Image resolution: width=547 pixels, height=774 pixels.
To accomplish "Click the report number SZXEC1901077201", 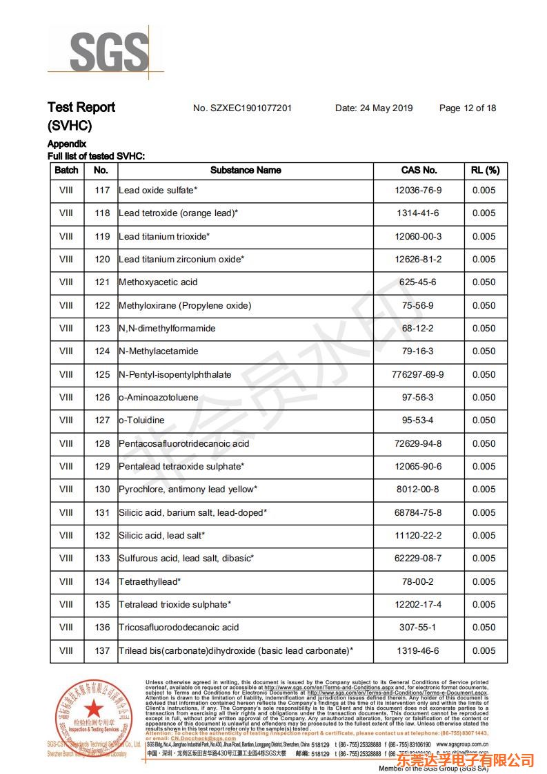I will [242, 108].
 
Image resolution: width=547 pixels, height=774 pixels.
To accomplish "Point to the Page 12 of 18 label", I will [467, 108].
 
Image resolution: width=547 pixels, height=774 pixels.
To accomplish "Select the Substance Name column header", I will [246, 170].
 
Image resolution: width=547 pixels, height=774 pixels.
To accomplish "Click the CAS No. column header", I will [419, 170].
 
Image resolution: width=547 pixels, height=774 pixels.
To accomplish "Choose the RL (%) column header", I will [485, 170].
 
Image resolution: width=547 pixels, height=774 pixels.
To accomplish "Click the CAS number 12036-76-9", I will [418, 191].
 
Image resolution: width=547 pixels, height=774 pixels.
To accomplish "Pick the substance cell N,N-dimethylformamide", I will [167, 328].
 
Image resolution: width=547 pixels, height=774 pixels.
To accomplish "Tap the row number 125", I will [102, 374].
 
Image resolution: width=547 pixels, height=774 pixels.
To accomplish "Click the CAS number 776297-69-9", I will [418, 374].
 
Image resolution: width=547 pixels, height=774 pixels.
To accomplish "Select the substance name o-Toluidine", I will [141, 420].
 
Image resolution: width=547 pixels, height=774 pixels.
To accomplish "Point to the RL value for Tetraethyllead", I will [484, 581].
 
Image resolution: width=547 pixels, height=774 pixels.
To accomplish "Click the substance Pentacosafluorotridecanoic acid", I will [183, 443].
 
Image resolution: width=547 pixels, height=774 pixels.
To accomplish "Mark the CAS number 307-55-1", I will [418, 627].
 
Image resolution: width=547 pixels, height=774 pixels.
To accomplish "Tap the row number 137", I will [102, 650].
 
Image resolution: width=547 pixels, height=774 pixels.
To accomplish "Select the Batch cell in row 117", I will [66, 191].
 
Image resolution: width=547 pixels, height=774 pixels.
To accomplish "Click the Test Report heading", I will [81, 107].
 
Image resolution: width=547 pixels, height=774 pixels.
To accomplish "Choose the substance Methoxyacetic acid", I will [158, 282].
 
